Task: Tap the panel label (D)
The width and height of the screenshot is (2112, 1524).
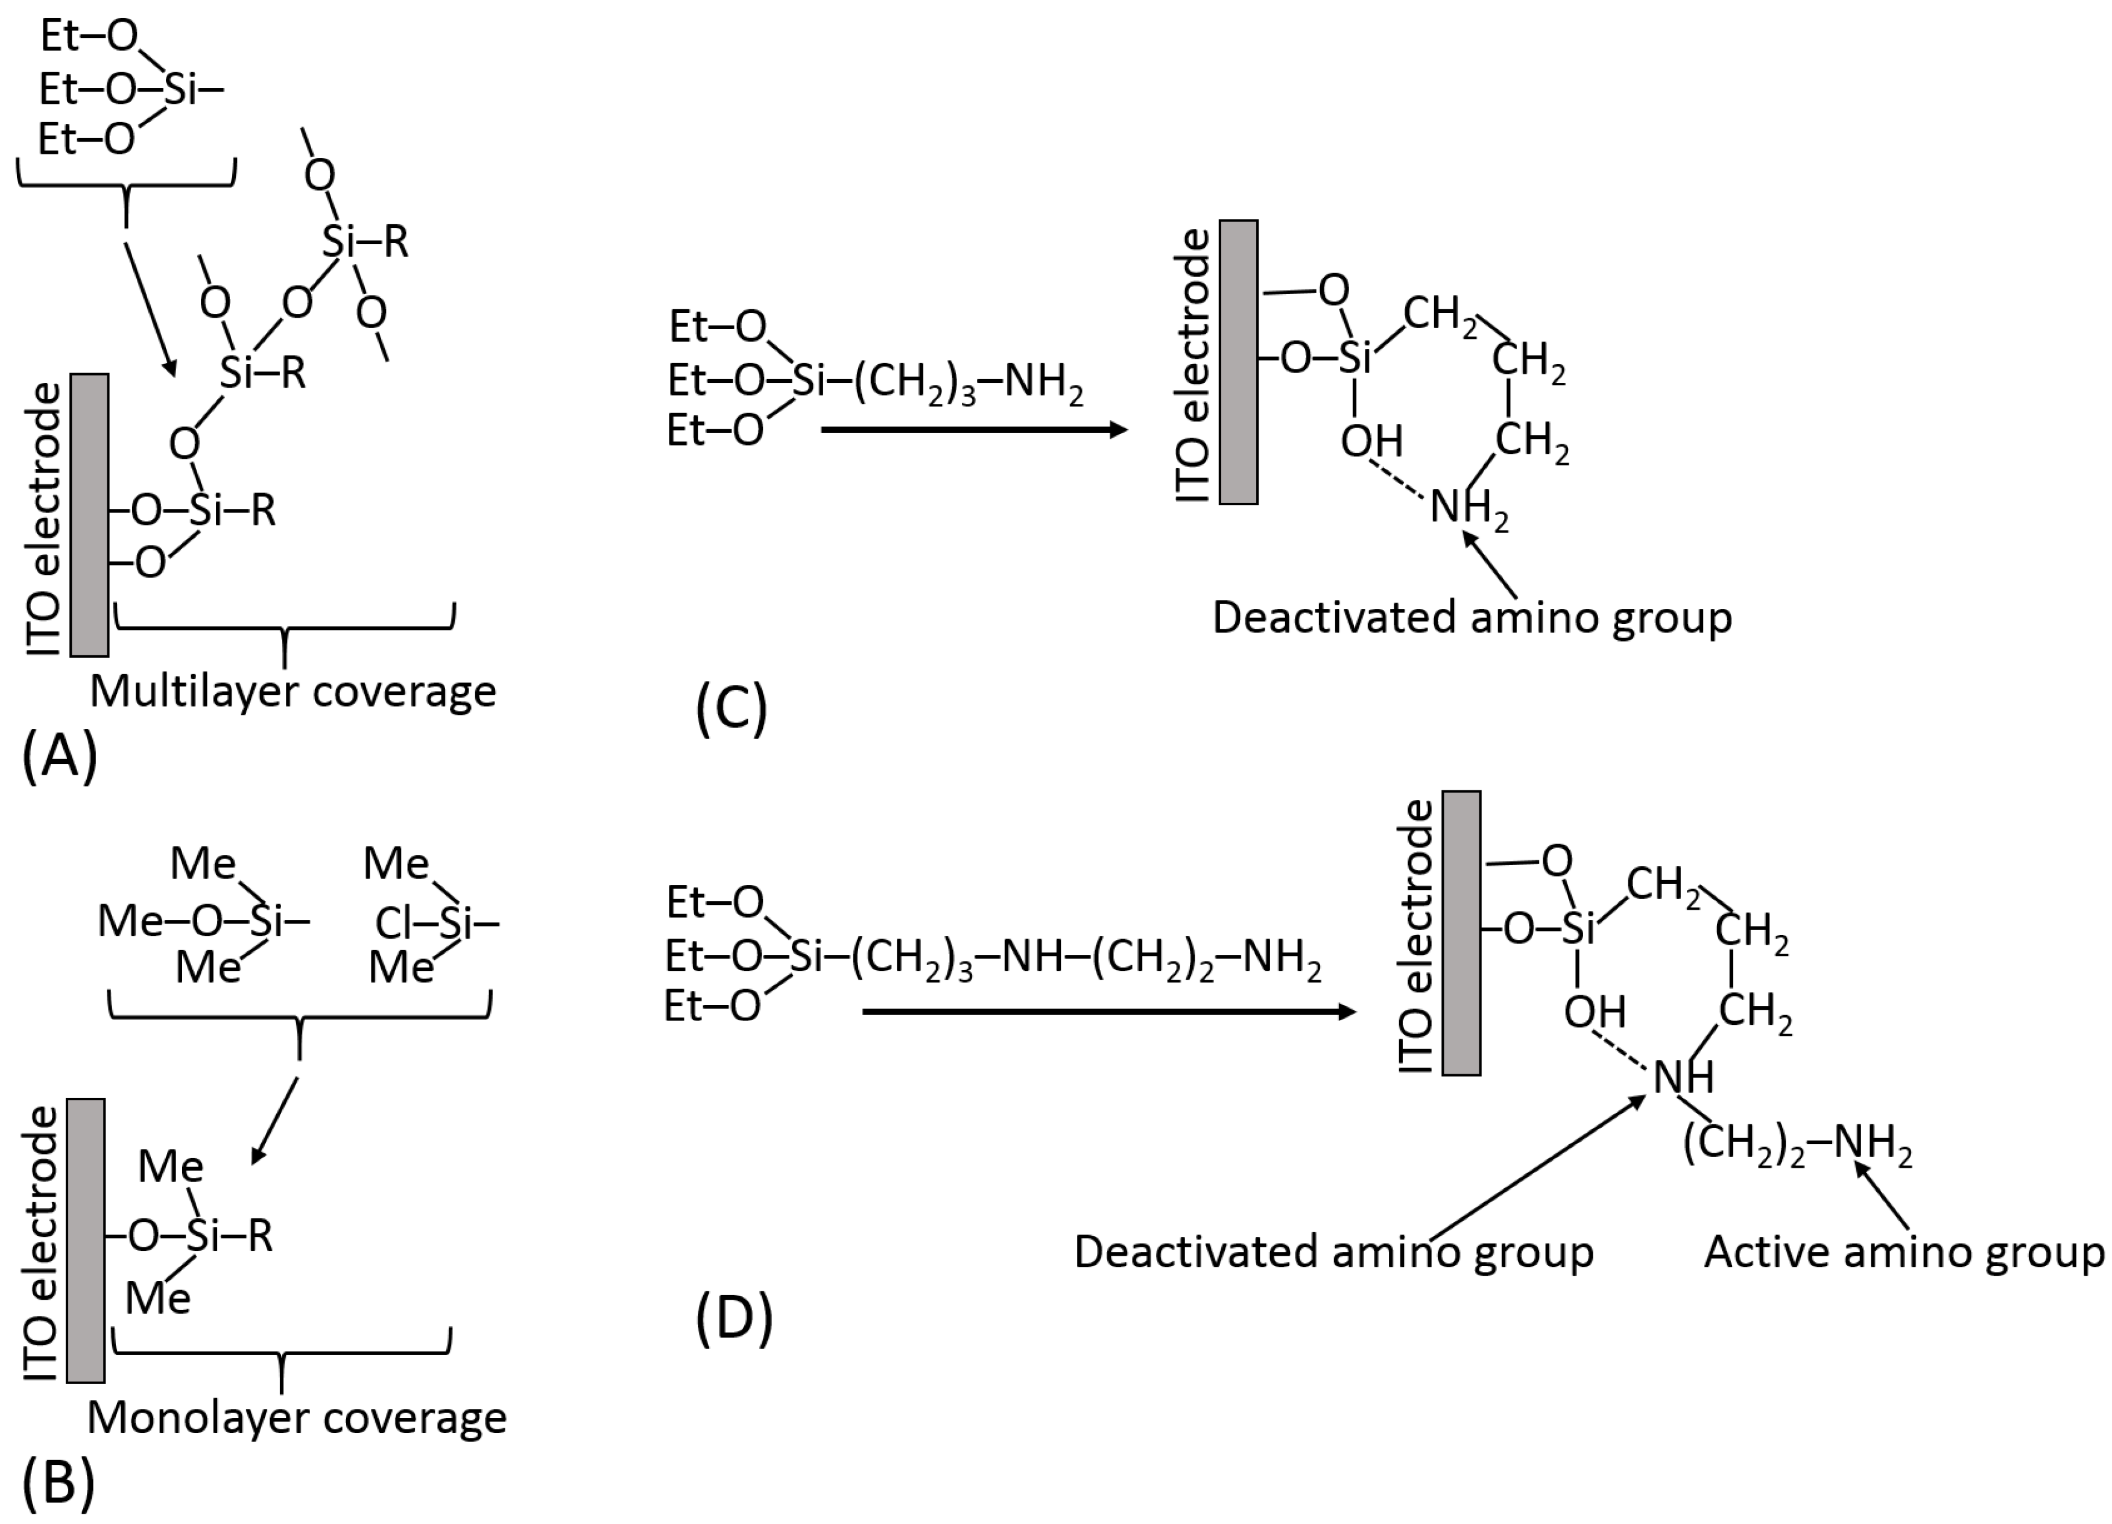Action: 734,1319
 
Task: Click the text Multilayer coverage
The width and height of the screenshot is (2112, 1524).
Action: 292,691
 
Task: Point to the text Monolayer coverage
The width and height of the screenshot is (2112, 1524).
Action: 296,1418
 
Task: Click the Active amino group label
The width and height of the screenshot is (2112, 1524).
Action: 1903,1252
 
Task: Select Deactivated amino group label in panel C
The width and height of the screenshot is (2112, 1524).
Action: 1472,618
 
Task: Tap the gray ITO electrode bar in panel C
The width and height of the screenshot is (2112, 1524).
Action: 1239,362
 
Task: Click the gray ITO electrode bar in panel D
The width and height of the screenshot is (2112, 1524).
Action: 1461,933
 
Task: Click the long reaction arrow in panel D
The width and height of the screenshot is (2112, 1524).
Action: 1108,1011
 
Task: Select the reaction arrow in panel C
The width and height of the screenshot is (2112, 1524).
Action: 973,429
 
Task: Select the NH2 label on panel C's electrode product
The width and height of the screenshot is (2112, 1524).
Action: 1467,508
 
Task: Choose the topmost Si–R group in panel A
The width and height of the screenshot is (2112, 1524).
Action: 365,242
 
